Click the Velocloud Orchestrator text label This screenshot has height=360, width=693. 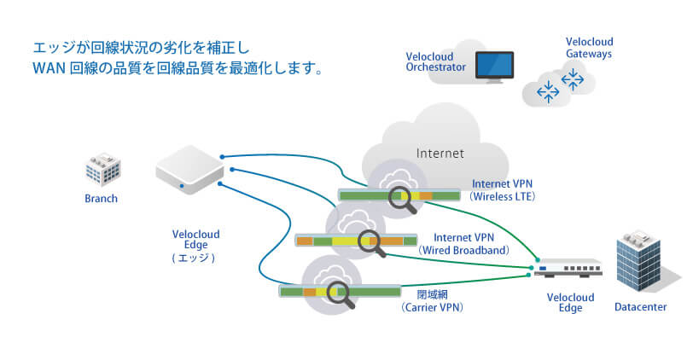tap(435, 61)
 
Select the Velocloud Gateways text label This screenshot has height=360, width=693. tap(589, 47)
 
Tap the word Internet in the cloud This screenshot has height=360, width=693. tap(440, 154)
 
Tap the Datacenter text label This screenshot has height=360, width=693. tap(640, 307)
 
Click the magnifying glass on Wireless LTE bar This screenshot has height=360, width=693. tap(400, 198)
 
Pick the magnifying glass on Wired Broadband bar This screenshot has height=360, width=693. tap(371, 242)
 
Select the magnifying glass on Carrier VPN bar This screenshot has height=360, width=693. tap(341, 293)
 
